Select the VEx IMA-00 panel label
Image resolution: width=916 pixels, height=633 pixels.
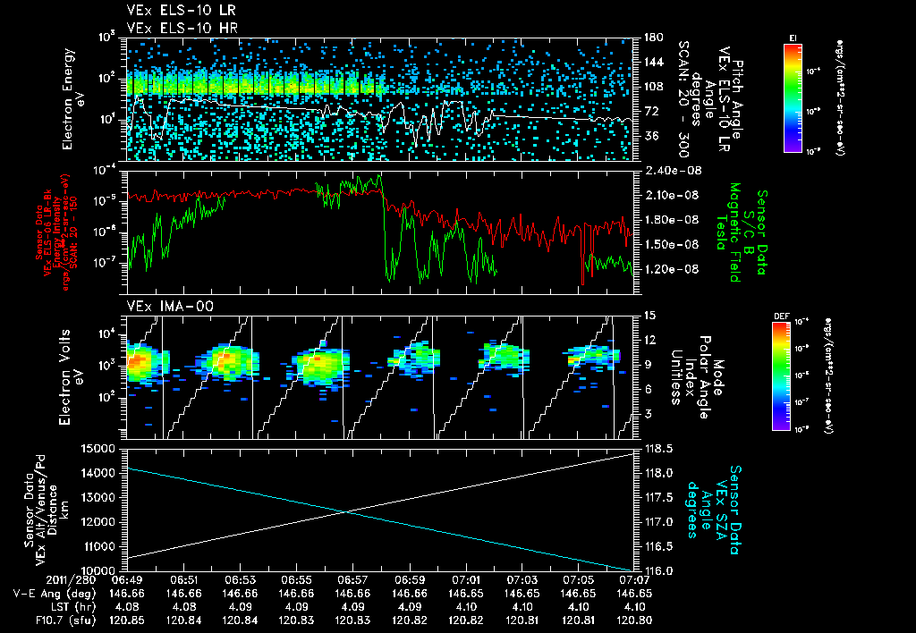point(163,306)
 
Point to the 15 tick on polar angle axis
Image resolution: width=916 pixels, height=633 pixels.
point(649,316)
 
